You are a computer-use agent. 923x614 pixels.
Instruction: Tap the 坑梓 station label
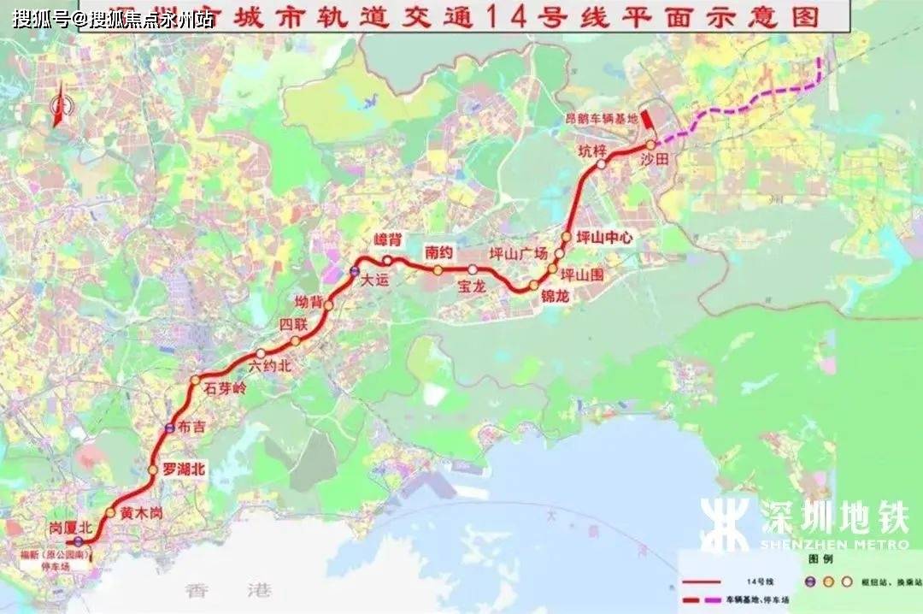pyautogui.click(x=591, y=152)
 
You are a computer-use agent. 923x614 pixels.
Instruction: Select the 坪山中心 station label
pyautogui.click(x=604, y=238)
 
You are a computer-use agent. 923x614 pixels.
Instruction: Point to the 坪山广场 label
pyautogui.click(x=517, y=253)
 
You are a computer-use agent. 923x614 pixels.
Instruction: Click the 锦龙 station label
pyautogui.click(x=555, y=296)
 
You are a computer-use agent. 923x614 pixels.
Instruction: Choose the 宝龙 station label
pyautogui.click(x=471, y=286)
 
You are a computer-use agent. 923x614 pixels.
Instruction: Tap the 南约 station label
pyautogui.click(x=438, y=252)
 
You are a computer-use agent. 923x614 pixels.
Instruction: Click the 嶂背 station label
pyautogui.click(x=388, y=241)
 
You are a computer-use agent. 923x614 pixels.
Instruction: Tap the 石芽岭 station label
pyautogui.click(x=223, y=389)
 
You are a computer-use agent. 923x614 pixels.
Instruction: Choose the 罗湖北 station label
pyautogui.click(x=185, y=469)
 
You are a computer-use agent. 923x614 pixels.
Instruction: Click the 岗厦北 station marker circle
pyautogui.click(x=79, y=541)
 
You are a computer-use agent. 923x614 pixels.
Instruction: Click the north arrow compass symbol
pyautogui.click(x=60, y=107)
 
